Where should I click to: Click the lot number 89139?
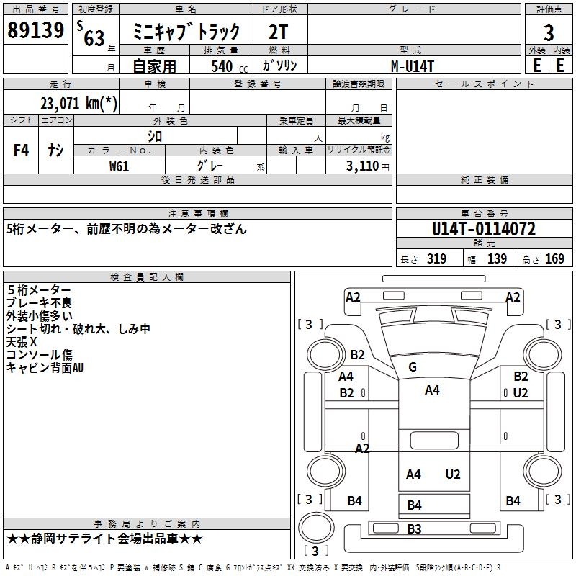[x=35, y=30]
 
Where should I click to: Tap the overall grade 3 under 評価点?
[x=549, y=32]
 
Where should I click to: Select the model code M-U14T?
[x=413, y=66]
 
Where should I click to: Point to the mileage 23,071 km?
[x=78, y=103]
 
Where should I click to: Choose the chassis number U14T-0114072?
[x=484, y=229]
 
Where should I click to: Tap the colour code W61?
[x=119, y=166]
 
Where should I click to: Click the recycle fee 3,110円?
[x=368, y=166]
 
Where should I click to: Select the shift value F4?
[x=21, y=150]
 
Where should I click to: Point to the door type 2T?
[x=279, y=32]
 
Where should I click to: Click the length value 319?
[x=436, y=259]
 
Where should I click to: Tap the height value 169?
[x=554, y=259]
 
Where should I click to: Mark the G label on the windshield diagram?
[x=413, y=366]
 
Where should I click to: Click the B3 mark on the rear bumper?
[x=414, y=528]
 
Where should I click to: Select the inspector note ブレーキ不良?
[x=39, y=303]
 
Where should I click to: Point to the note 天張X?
[x=22, y=342]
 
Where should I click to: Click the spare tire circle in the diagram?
[x=316, y=527]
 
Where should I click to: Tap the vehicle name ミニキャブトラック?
[x=186, y=32]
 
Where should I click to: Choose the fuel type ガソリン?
[x=279, y=66]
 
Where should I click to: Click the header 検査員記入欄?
[x=147, y=277]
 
